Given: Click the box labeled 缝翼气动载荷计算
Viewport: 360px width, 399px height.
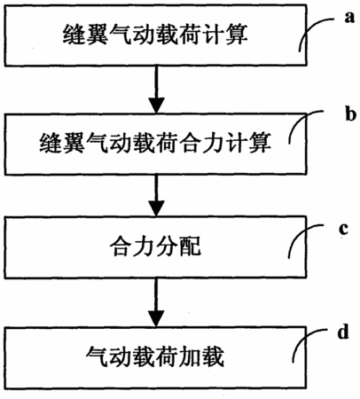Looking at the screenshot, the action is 155,35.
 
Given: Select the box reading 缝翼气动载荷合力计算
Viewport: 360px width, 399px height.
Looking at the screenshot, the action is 155,144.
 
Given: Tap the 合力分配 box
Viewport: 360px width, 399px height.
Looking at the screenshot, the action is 155,247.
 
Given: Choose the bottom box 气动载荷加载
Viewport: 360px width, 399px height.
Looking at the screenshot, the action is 155,357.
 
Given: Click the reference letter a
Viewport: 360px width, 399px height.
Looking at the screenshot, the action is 349,18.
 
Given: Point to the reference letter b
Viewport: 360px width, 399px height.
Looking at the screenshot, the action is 350,113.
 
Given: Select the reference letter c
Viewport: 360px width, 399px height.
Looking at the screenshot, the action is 344,229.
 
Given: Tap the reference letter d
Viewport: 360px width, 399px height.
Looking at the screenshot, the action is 343,332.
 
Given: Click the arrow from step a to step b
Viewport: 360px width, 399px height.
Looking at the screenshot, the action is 156,90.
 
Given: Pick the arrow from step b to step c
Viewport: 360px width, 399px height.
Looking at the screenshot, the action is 156,196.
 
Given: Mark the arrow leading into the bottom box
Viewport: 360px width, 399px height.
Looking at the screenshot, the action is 156,302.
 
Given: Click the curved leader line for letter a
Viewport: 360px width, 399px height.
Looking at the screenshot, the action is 308,28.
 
